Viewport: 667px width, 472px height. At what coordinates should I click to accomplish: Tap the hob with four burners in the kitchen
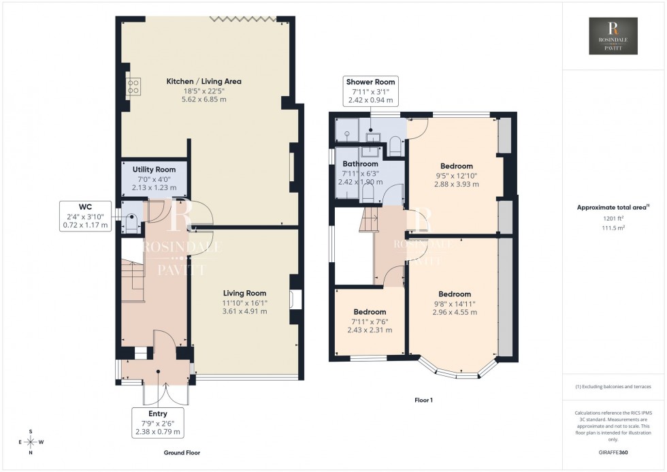133,86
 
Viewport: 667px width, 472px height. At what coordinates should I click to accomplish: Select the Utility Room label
154,170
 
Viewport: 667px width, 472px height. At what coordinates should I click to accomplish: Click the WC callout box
85,217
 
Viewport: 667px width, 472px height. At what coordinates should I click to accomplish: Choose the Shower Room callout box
370,91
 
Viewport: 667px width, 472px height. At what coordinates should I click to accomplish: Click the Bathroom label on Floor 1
360,164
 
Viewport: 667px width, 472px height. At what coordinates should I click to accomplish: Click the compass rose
31,441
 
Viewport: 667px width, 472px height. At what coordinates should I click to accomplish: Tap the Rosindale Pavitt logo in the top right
614,36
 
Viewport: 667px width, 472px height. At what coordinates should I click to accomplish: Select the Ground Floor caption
182,452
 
